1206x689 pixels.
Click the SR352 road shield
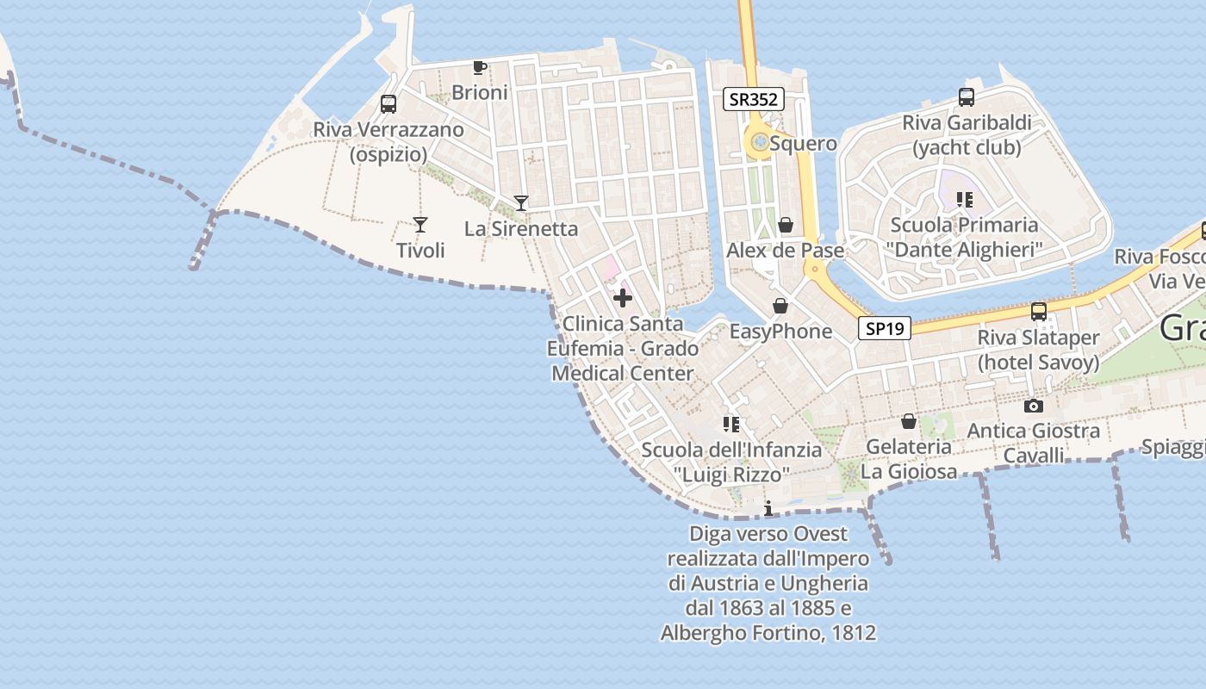point(753,99)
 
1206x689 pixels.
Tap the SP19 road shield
point(884,328)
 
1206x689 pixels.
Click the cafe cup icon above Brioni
point(480,67)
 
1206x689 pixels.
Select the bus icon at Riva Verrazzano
point(389,104)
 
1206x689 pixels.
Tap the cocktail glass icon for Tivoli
point(420,225)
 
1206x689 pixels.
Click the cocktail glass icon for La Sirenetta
point(520,203)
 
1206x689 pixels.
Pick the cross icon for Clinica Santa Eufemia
point(622,299)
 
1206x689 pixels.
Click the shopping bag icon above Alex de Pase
point(786,226)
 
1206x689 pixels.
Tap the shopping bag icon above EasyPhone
point(780,306)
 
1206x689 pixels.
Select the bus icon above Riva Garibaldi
point(966,97)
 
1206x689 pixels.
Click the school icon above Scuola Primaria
point(964,200)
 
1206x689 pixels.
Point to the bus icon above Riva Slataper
point(1039,312)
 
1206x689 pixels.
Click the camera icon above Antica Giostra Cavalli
point(1033,406)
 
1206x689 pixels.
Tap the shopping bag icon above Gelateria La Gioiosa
point(908,421)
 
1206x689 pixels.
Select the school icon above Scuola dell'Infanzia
point(731,424)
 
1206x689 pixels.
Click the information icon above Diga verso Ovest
point(768,509)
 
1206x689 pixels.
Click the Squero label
point(803,143)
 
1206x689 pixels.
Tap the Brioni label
point(480,92)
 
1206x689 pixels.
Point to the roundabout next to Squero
point(759,143)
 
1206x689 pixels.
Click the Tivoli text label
point(420,251)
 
